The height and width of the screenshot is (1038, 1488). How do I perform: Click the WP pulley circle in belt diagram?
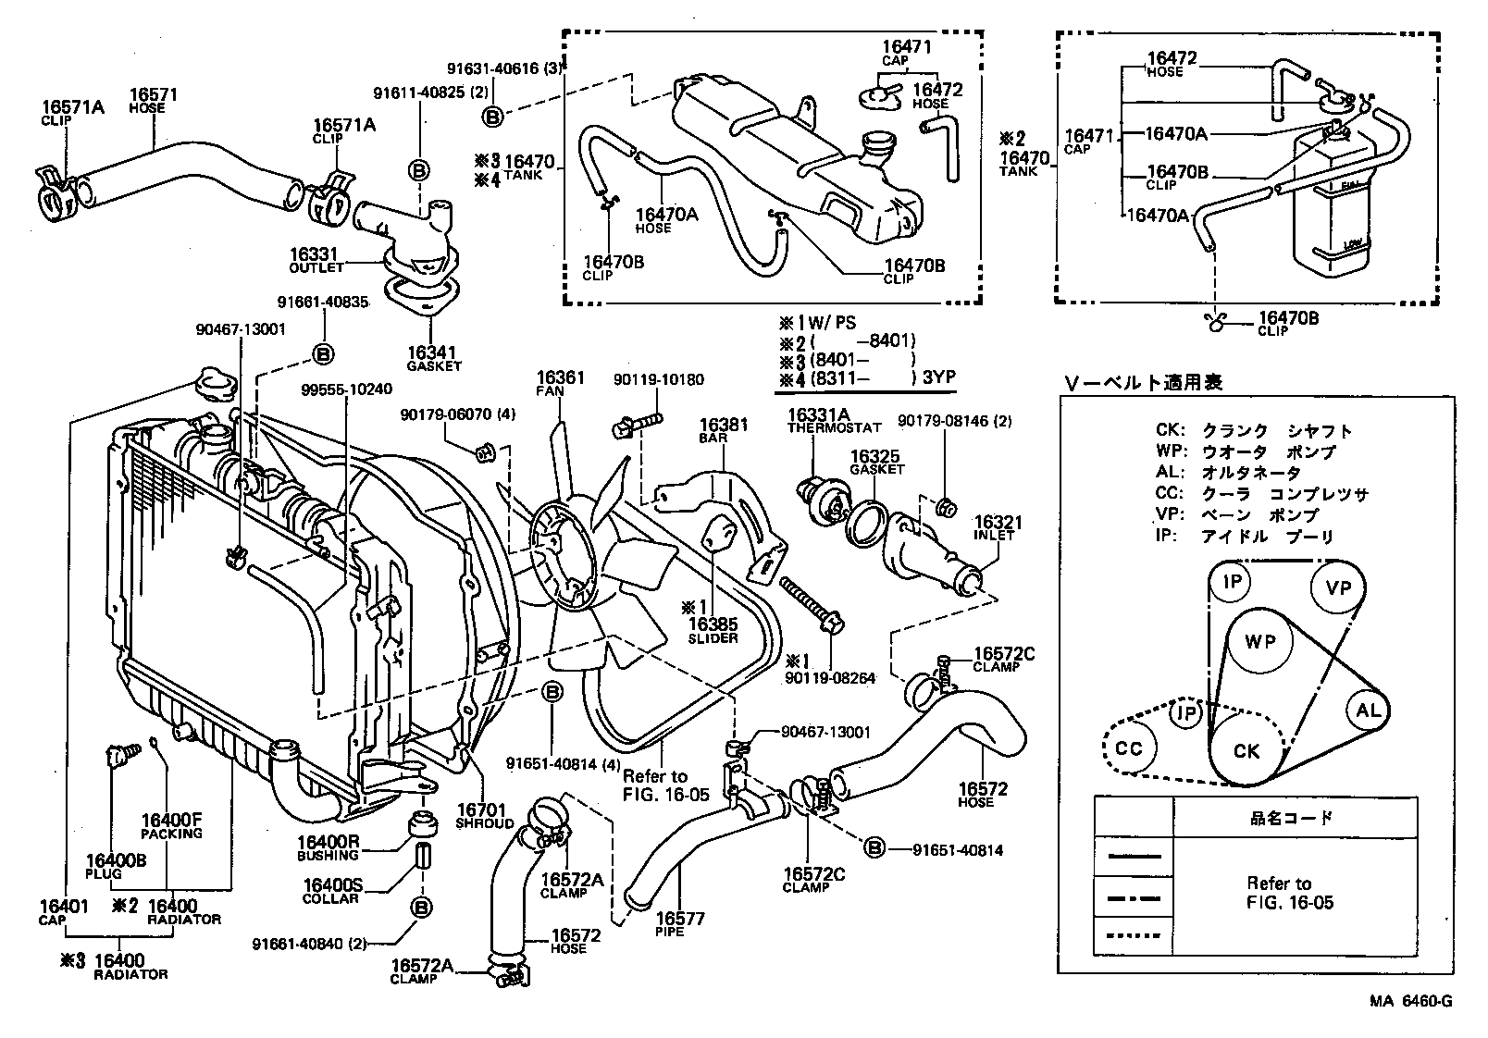click(x=1259, y=642)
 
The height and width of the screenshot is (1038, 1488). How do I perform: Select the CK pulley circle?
click(x=1246, y=751)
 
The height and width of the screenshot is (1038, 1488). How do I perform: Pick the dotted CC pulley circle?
click(x=1131, y=748)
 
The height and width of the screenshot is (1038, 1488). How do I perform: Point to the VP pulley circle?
click(x=1338, y=587)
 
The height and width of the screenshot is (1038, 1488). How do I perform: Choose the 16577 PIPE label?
click(x=680, y=923)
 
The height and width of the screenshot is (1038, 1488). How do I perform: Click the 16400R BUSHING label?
click(x=328, y=847)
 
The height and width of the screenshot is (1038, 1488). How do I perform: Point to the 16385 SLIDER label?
click(x=712, y=631)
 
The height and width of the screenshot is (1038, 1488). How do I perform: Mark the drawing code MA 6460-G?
click(x=1411, y=1001)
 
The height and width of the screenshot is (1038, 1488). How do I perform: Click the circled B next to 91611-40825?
click(x=418, y=170)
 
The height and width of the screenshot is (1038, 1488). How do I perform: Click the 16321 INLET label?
click(x=995, y=528)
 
